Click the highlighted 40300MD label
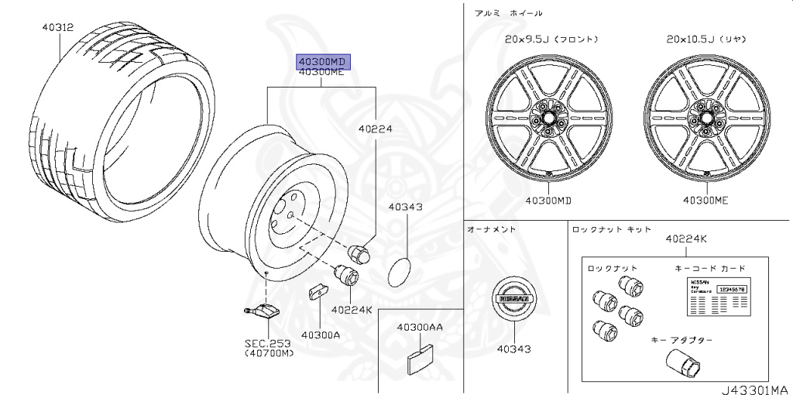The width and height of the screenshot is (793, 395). pyautogui.click(x=321, y=61)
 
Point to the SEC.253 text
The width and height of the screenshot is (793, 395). pyautogui.click(x=269, y=343)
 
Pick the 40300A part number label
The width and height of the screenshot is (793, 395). pyautogui.click(x=321, y=335)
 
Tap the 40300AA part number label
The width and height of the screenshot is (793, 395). pyautogui.click(x=420, y=327)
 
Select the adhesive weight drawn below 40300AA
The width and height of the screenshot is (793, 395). pyautogui.click(x=420, y=357)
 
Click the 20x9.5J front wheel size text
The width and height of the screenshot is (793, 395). pyautogui.click(x=551, y=39)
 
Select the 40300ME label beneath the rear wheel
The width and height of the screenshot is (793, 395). pyautogui.click(x=705, y=200)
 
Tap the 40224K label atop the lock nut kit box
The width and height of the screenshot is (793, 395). pyautogui.click(x=685, y=239)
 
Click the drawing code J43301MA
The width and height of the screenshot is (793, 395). pyautogui.click(x=755, y=389)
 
